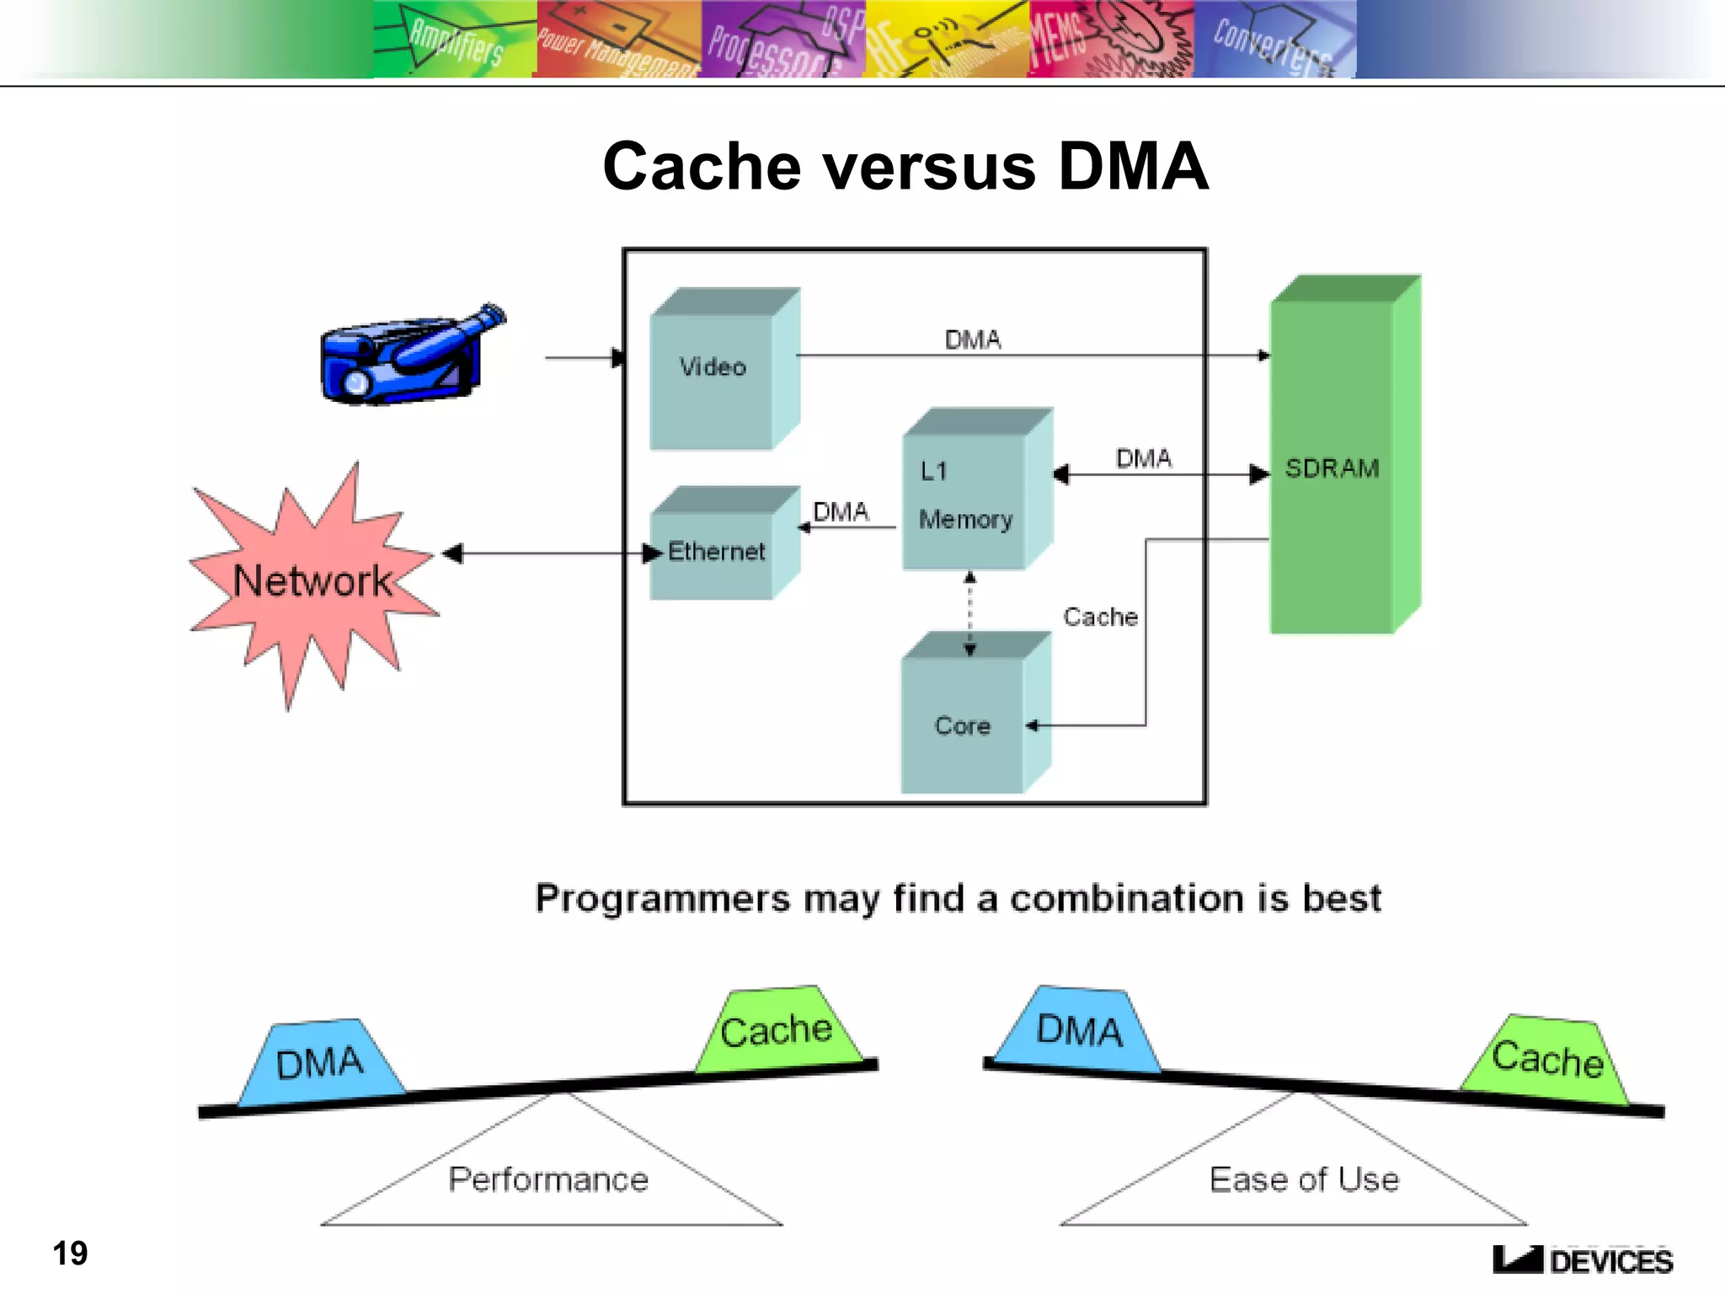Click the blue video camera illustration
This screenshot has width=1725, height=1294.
(x=409, y=358)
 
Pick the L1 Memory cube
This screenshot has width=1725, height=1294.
(x=969, y=497)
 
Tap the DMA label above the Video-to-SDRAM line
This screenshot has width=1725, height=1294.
(x=973, y=340)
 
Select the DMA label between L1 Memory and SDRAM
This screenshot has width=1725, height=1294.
(x=1143, y=458)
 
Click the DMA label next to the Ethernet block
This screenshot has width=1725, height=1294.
(x=841, y=511)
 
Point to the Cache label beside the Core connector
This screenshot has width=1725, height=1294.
(x=1100, y=617)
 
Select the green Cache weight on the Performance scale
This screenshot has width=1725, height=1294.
(x=777, y=1030)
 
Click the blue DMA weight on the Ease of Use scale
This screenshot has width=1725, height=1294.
(x=1079, y=1030)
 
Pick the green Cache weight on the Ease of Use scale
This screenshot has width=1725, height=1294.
(x=1546, y=1059)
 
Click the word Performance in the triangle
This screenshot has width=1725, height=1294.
(x=548, y=1179)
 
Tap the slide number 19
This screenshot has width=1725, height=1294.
(x=70, y=1253)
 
